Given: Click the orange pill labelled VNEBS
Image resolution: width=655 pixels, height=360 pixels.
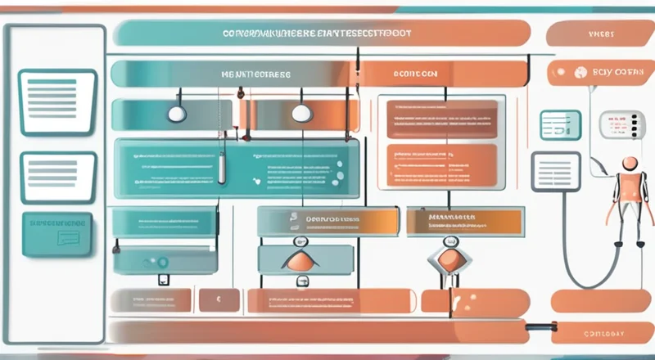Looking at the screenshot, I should tap(600, 34).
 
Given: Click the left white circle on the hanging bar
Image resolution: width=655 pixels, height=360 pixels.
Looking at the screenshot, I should tap(176, 114).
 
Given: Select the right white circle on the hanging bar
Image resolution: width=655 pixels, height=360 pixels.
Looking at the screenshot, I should tap(300, 114).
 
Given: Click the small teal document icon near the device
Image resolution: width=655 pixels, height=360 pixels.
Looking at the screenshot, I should tap(560, 124).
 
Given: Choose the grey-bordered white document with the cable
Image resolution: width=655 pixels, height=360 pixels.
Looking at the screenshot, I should tap(556, 170).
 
